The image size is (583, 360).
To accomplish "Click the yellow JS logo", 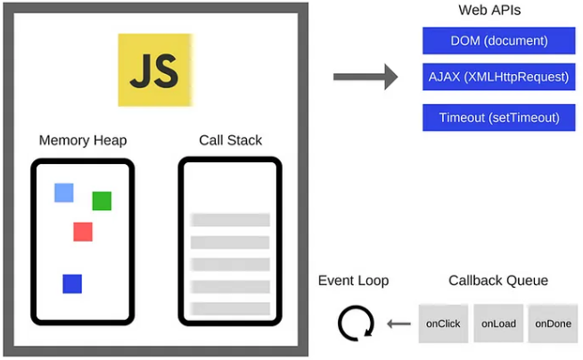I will pos(155,70).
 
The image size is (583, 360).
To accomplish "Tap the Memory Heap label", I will pos(83,141).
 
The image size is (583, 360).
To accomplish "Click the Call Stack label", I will pos(230,141).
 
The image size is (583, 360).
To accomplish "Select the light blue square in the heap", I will pos(64,192).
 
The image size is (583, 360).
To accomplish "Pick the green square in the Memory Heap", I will pos(102,200).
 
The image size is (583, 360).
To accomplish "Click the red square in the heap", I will pos(83,232).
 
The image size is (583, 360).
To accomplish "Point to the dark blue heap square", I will pos(72,283).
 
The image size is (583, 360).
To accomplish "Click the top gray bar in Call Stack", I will pos(230,219).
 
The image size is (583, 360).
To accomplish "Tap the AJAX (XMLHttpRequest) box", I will pos(498,77).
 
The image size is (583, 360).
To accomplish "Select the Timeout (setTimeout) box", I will pos(498,117).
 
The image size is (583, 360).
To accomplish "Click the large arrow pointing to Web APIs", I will pos(365,77).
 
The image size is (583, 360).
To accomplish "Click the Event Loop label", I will pos(353,281).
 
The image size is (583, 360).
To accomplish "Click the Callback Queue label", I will pos(498,281).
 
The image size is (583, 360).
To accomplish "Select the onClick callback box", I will pos(443,323).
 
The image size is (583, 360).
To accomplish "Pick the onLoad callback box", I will pos(498,323).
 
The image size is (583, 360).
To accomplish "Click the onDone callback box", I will pos(553,323).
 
